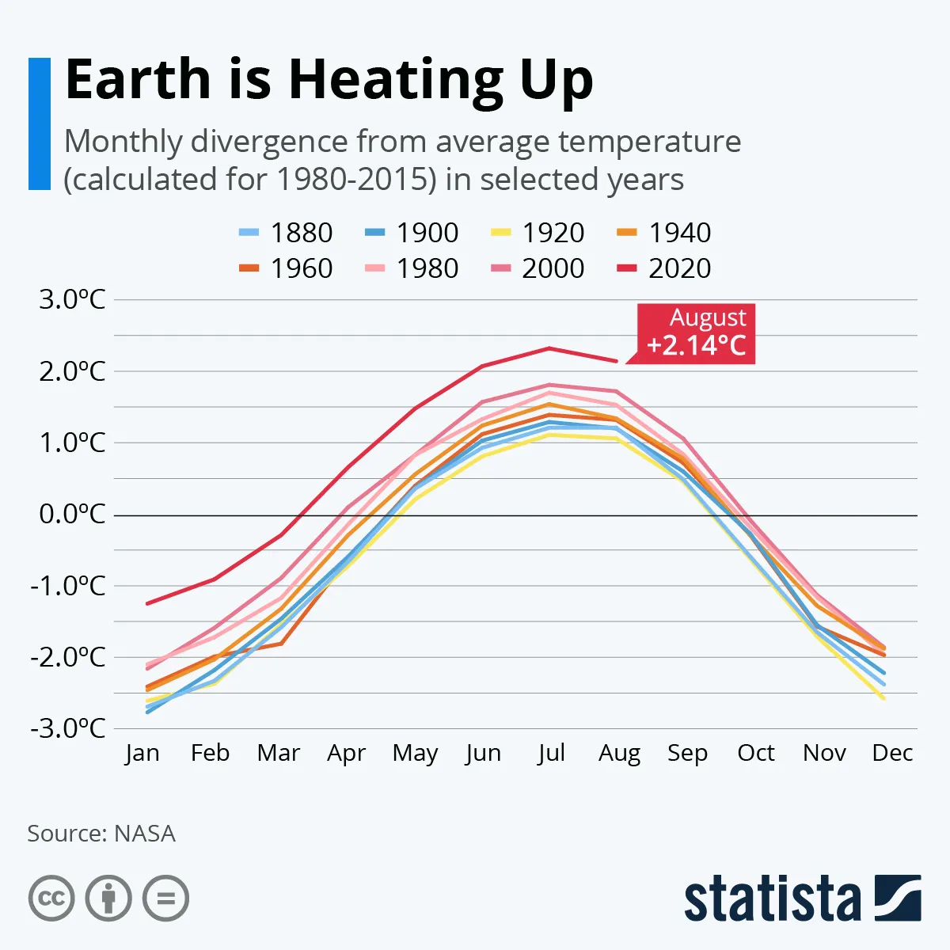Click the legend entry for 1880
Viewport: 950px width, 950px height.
(x=286, y=233)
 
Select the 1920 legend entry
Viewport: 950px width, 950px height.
(x=538, y=233)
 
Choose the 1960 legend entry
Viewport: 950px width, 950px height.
(x=286, y=268)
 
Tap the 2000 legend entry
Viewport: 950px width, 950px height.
(x=538, y=268)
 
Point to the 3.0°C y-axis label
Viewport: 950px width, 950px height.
(x=72, y=300)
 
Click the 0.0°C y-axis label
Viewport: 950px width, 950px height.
(x=72, y=515)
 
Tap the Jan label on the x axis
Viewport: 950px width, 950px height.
(x=142, y=753)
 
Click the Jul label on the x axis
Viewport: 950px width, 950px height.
(x=551, y=753)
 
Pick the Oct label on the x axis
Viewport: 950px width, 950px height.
(x=756, y=753)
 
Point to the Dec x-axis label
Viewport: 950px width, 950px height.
(x=892, y=753)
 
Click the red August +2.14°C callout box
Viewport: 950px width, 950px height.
(x=696, y=333)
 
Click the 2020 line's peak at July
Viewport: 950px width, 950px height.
(x=549, y=348)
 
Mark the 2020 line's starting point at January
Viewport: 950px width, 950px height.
(x=147, y=604)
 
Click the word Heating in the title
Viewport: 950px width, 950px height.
(x=397, y=80)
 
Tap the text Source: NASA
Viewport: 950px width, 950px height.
(x=101, y=834)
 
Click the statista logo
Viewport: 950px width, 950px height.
(x=802, y=899)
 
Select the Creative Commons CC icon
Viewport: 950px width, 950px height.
(x=51, y=899)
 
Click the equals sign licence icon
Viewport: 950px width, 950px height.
(x=165, y=899)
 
